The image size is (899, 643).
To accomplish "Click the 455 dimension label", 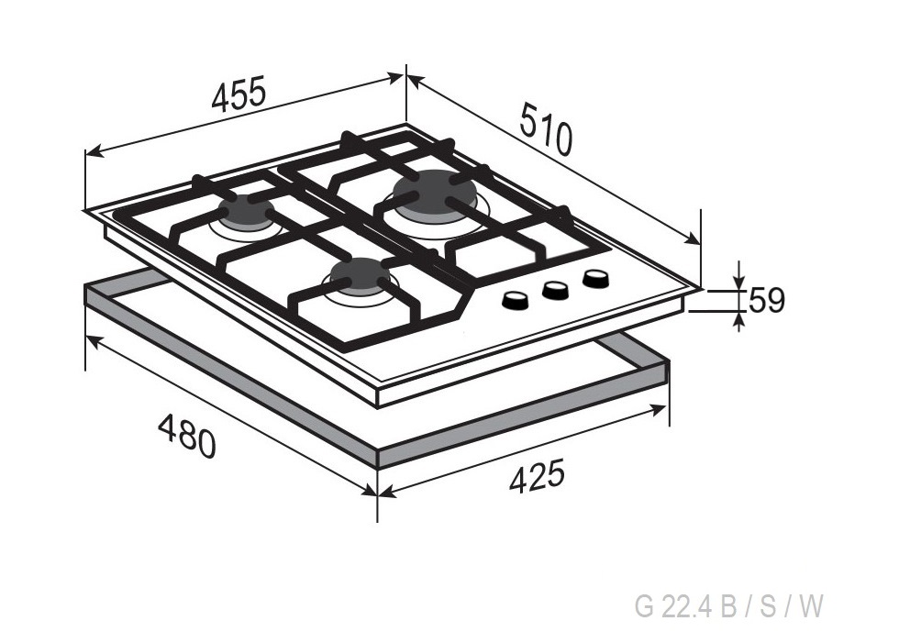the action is (x=239, y=93).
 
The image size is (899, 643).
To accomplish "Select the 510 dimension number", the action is (x=547, y=129).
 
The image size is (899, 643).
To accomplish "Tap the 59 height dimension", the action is (x=767, y=300).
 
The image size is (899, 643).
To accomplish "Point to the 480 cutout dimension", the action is (x=187, y=436).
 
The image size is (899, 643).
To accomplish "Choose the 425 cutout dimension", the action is (x=538, y=476).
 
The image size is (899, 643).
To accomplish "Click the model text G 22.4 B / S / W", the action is (x=729, y=606).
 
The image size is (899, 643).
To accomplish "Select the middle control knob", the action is (x=555, y=290).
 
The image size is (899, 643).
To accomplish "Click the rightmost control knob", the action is (x=595, y=279).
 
